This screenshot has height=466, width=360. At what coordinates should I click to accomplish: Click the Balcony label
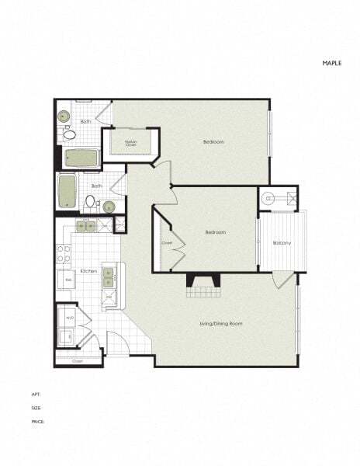click(x=282, y=244)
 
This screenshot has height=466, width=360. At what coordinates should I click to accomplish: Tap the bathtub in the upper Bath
click(x=81, y=158)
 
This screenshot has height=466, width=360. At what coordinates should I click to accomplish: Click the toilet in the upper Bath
click(x=68, y=135)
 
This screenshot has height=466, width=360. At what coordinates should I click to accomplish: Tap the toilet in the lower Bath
click(x=90, y=202)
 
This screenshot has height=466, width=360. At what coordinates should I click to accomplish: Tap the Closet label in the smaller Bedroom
click(x=167, y=242)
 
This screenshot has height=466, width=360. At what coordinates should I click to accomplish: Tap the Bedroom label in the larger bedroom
click(x=214, y=142)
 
